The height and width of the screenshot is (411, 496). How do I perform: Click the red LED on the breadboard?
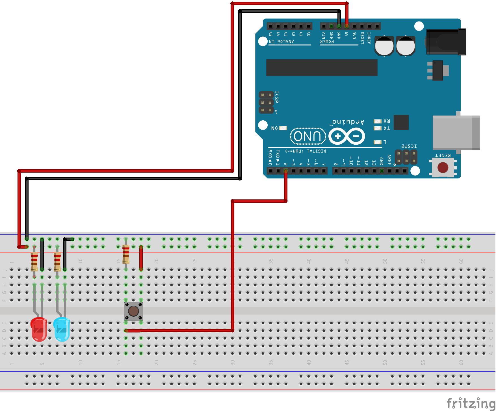tap(39, 329)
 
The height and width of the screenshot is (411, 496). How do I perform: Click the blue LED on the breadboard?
tap(62, 329)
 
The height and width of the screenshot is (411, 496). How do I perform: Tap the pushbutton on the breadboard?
tap(133, 311)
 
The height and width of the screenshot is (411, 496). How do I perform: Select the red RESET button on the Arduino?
tap(443, 168)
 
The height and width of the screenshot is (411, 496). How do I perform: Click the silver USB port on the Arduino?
tap(456, 132)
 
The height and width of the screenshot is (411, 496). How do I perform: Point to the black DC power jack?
tap(446, 42)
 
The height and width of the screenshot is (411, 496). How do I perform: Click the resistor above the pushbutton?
tap(126, 254)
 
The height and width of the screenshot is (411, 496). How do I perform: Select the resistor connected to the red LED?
tap(34, 262)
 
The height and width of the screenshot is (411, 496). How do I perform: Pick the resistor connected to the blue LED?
tap(57, 262)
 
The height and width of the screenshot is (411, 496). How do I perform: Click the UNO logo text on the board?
tap(307, 136)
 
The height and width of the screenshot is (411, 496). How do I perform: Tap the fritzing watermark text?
tap(470, 403)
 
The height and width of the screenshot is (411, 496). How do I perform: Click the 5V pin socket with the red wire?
tap(346, 26)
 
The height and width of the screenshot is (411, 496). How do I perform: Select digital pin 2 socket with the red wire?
tap(286, 171)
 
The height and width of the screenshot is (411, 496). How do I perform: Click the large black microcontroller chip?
tap(322, 68)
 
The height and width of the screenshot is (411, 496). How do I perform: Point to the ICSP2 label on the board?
tap(409, 146)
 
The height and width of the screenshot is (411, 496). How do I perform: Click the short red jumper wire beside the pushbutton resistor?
tap(141, 258)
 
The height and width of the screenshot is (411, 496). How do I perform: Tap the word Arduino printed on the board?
tap(348, 122)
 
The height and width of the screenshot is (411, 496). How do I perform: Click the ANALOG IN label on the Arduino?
tap(281, 42)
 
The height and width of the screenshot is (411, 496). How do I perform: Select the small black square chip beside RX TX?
tap(401, 122)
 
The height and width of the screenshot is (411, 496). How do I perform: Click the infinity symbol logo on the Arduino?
tap(347, 136)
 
